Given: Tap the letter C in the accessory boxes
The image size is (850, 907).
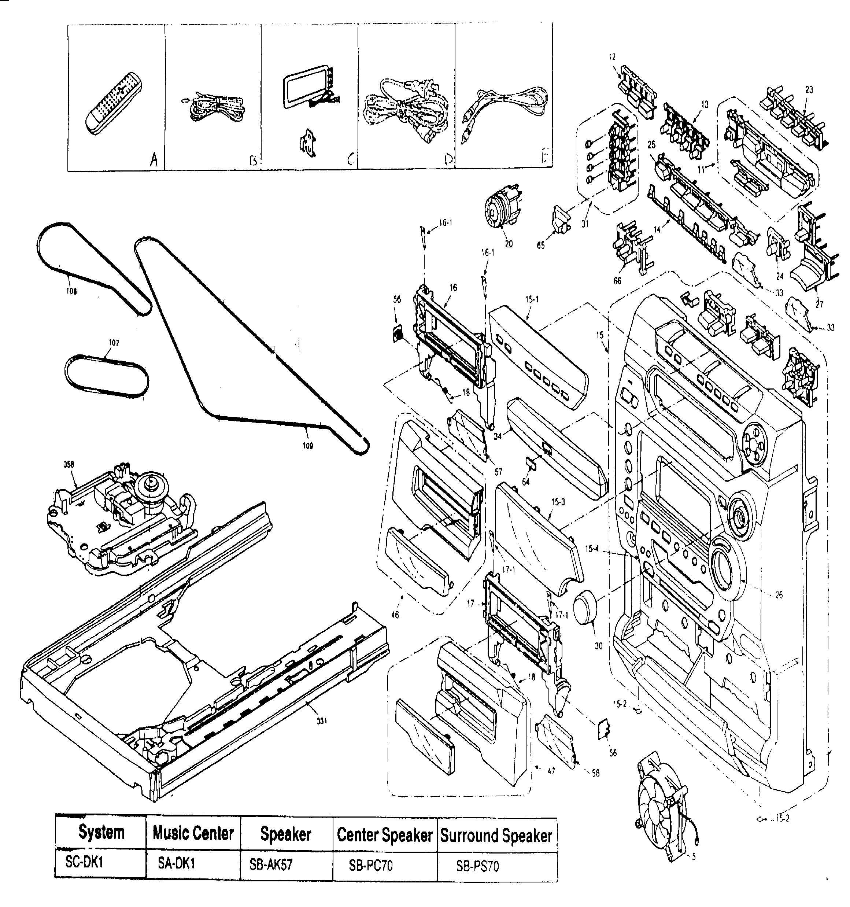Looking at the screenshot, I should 350,159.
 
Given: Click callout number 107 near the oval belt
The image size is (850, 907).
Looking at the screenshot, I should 114,343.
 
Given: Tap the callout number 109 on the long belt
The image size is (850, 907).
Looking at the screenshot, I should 307,446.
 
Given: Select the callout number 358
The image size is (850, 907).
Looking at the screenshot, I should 69,464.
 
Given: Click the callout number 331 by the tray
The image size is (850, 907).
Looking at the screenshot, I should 322,721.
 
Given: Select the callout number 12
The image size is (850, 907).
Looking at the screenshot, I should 612,57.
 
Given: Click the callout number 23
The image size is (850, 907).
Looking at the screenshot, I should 809,90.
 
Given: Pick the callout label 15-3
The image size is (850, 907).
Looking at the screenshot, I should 558,501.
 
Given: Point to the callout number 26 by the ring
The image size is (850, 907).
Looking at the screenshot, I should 779,594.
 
